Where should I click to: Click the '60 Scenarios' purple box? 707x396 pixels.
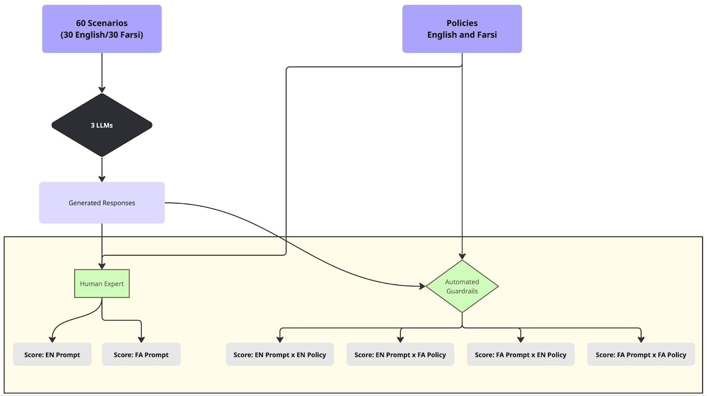[x=102, y=29]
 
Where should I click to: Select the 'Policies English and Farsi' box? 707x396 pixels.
[x=462, y=29]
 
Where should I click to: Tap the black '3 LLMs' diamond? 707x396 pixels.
[x=102, y=125]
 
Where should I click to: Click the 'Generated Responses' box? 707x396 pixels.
[x=102, y=203]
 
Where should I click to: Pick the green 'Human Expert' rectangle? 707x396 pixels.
[x=102, y=283]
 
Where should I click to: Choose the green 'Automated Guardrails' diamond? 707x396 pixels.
[x=462, y=286]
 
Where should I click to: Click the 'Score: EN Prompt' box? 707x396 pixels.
[x=52, y=355]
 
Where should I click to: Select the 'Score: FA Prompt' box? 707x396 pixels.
[x=141, y=355]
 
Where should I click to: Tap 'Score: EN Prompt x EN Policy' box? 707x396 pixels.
[x=280, y=355]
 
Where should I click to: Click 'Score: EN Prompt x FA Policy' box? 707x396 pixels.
[x=400, y=355]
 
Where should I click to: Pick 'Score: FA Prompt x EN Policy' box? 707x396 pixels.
[x=521, y=355]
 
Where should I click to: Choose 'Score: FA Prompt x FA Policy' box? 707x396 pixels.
[x=641, y=355]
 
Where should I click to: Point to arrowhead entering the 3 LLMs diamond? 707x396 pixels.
[x=102, y=90]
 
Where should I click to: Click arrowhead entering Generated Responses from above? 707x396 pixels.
[x=102, y=179]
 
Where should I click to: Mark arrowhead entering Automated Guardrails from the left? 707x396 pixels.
[x=422, y=287]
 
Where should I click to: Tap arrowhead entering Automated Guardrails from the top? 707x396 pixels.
[x=462, y=256]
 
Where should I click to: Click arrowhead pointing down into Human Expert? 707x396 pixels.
[x=102, y=266]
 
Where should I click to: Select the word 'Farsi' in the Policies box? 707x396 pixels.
[x=486, y=35]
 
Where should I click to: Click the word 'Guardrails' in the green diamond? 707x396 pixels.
[x=462, y=291]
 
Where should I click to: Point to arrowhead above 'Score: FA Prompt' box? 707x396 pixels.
[x=141, y=339]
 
